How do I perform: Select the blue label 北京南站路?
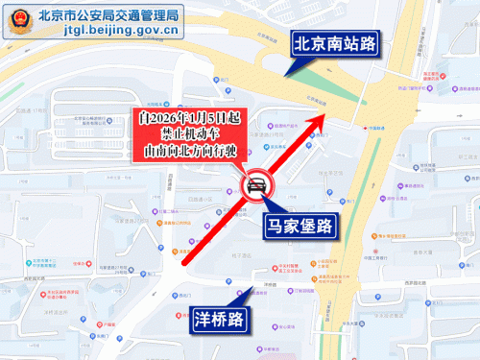[x=334, y=43]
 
